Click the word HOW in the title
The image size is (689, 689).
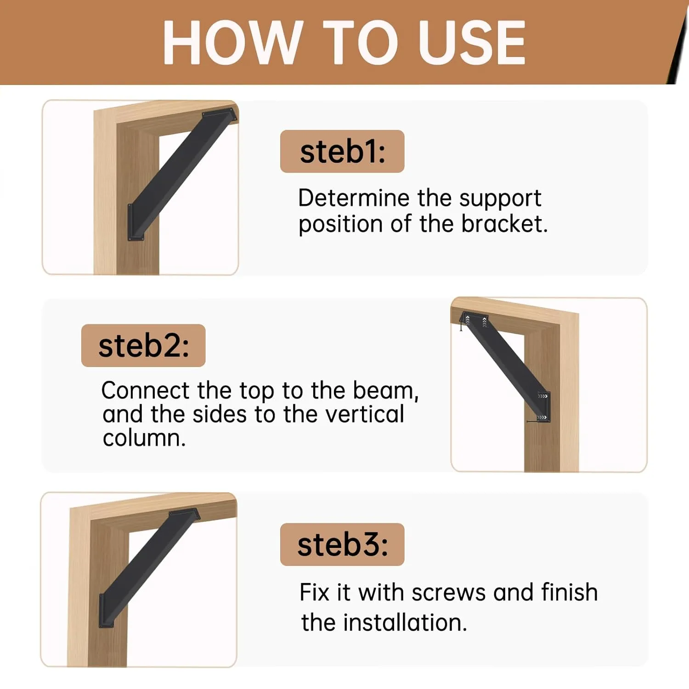(232, 43)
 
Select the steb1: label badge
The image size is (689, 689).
(342, 152)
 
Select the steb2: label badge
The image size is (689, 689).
(143, 345)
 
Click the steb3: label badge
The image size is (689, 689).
(342, 545)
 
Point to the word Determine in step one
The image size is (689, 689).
(354, 198)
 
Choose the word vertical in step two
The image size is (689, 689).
(365, 414)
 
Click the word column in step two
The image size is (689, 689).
(143, 438)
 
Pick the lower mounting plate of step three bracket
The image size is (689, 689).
(107, 611)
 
